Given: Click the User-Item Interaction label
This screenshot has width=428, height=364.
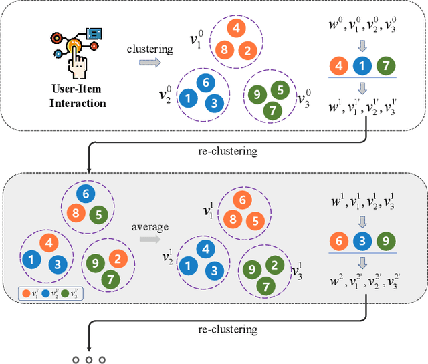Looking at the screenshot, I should pyautogui.click(x=79, y=96).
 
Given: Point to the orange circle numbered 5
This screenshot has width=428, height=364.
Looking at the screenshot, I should pyautogui.click(x=253, y=221).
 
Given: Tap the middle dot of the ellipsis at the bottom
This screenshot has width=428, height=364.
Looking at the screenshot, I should pyautogui.click(x=89, y=360).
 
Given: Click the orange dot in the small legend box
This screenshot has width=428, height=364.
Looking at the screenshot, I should pyautogui.click(x=25, y=292).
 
